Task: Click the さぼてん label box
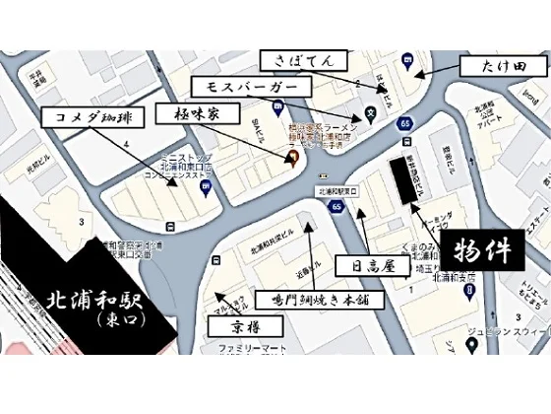coord(293,60)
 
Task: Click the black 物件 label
coord(486,251)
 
